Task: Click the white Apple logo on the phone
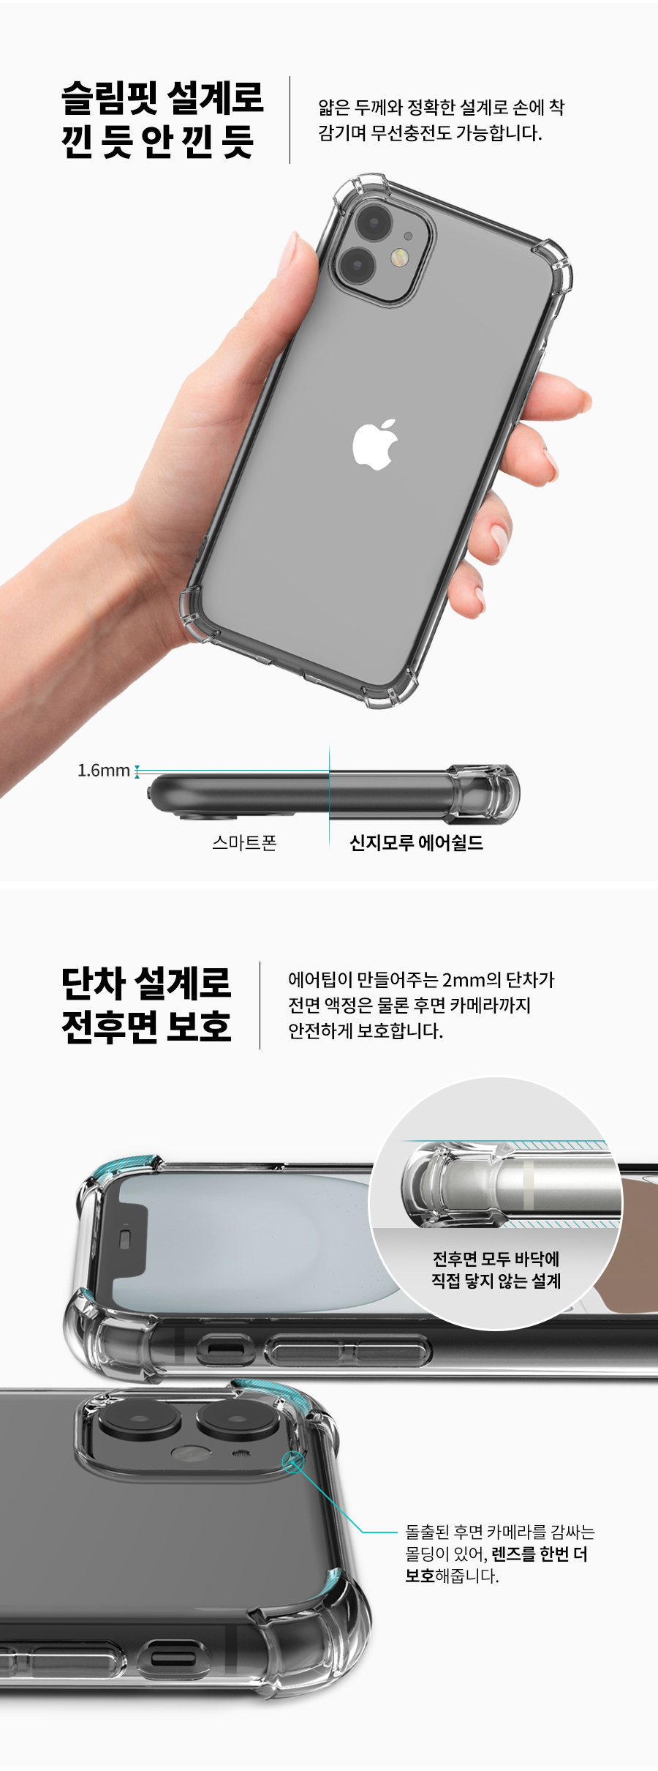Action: pos(375,444)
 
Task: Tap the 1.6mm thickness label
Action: pos(104,771)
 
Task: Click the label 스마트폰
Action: pos(245,843)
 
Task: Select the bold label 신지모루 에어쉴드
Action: pos(417,843)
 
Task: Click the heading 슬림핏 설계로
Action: pos(162,97)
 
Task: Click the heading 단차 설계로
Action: pos(146,983)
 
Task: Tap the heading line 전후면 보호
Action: pos(146,1027)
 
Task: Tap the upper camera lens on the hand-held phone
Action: pos(374,222)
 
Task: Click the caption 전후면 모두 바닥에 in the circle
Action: pos(496,1259)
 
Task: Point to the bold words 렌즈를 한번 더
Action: pos(540,1554)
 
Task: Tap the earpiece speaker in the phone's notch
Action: pos(125,1238)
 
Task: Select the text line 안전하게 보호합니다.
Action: pos(366,1031)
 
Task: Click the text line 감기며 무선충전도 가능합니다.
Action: pos(430,133)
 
